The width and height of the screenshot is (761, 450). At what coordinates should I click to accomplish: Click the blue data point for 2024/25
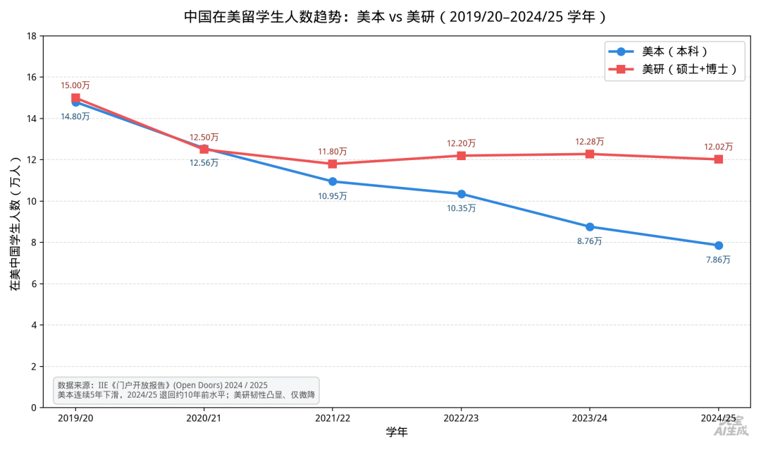point(718,245)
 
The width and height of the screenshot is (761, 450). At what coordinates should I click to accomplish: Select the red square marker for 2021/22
point(333,164)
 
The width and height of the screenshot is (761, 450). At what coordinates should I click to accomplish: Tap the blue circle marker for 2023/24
point(590,227)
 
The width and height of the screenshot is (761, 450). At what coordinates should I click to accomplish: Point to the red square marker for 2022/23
point(461,155)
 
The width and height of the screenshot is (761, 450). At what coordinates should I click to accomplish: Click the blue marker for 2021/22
point(333,181)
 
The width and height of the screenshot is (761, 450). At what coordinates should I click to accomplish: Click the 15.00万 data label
point(75,85)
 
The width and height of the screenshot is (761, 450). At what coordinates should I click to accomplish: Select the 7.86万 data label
point(718,260)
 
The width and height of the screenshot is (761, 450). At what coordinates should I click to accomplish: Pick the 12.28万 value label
point(590,141)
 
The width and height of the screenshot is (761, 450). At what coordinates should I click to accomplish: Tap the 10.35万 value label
point(461,208)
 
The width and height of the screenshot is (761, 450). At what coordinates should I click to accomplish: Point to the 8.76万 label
point(590,241)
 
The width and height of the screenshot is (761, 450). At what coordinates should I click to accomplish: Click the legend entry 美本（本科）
point(658,51)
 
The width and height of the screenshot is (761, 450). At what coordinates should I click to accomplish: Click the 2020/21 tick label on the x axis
point(204,418)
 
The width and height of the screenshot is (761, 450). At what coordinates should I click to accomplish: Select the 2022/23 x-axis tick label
point(461,418)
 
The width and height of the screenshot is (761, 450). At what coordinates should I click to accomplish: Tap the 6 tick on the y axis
point(34,284)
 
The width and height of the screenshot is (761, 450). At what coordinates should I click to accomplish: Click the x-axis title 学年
point(397,432)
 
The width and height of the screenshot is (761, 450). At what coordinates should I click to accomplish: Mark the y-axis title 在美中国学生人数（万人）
point(16,223)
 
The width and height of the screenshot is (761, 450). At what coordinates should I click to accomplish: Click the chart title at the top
point(395,16)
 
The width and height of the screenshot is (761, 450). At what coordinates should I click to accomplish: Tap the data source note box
point(186,390)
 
